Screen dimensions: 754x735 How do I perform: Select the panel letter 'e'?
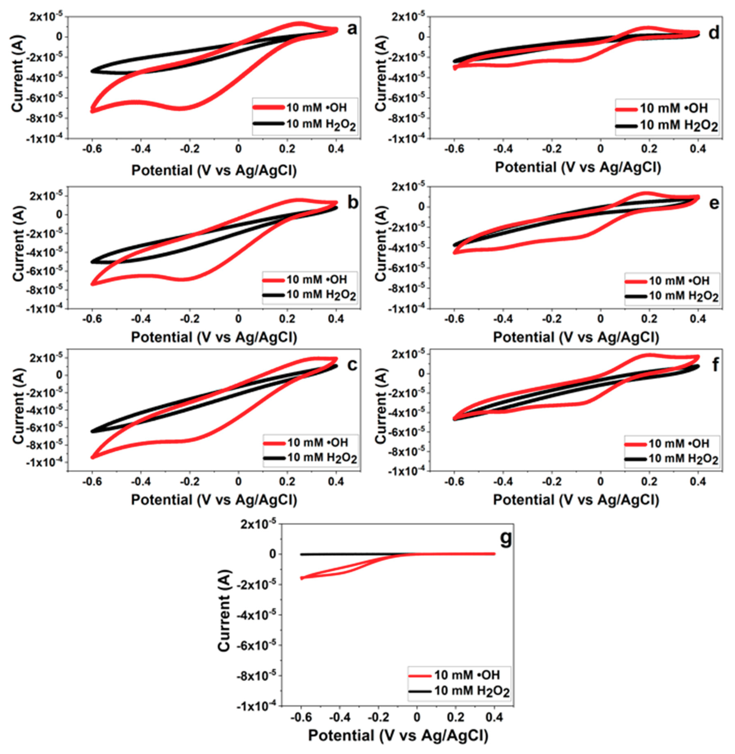(x=714, y=203)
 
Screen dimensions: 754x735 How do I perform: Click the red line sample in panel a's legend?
(x=269, y=107)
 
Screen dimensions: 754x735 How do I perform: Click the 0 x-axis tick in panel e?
(x=600, y=319)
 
